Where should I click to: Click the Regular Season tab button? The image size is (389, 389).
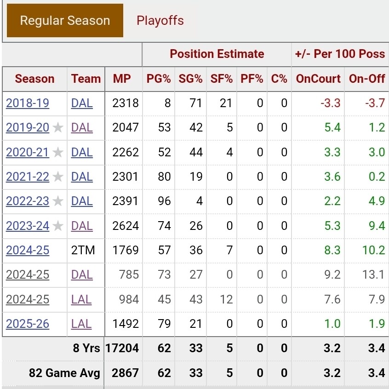click(65, 21)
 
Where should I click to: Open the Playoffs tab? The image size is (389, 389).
click(160, 21)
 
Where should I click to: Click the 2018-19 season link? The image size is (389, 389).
click(28, 103)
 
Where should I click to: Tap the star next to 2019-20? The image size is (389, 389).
click(58, 128)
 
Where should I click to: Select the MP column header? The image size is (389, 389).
click(122, 79)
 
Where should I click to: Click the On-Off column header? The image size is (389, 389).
click(366, 79)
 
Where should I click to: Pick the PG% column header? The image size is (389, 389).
click(159, 79)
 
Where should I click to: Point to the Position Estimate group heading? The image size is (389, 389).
click(217, 54)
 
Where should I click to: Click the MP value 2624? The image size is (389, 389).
click(126, 226)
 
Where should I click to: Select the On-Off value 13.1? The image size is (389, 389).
click(373, 275)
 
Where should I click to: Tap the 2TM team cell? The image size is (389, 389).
click(82, 251)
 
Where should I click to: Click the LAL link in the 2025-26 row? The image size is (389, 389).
click(81, 324)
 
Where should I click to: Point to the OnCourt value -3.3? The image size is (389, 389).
click(331, 103)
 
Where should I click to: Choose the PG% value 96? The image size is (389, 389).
click(164, 201)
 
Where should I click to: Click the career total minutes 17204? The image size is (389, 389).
click(122, 349)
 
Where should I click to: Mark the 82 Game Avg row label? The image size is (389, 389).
click(64, 373)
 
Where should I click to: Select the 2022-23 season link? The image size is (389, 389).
click(28, 201)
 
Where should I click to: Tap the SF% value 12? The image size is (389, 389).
click(226, 299)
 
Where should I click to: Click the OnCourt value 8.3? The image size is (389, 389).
click(332, 251)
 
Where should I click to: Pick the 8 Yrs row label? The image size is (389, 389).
click(86, 349)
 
